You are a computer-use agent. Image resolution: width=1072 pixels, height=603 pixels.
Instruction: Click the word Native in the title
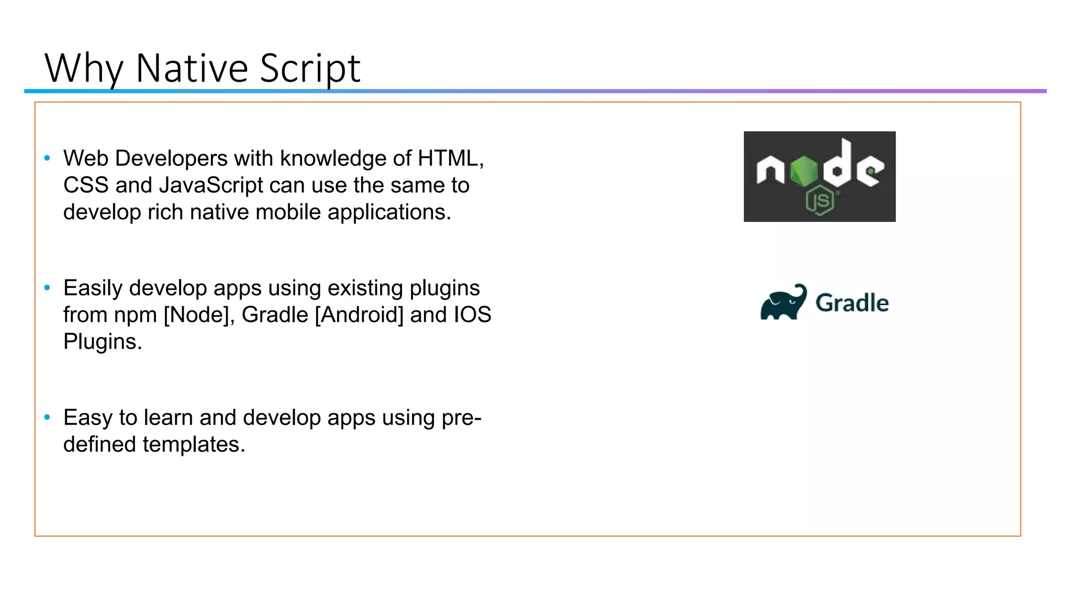click(191, 68)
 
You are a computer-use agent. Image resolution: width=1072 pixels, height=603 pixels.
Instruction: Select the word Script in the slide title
click(310, 68)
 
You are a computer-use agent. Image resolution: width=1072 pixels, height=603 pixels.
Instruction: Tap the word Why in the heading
click(84, 68)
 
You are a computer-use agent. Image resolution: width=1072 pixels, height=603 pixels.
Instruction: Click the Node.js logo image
click(819, 176)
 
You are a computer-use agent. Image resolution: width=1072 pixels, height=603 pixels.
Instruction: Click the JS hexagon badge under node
click(820, 200)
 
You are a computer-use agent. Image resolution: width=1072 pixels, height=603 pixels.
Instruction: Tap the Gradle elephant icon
click(784, 302)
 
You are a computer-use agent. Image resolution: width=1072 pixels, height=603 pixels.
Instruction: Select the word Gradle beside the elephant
click(852, 303)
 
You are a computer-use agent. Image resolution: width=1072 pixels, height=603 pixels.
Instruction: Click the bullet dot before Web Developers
click(48, 158)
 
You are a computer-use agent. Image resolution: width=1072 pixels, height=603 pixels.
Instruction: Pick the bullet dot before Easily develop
click(48, 287)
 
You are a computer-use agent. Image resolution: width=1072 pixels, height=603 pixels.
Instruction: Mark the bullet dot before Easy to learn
click(48, 417)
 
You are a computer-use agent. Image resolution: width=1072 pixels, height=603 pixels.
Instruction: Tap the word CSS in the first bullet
click(86, 185)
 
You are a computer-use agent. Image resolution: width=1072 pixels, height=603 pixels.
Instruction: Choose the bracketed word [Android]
click(359, 315)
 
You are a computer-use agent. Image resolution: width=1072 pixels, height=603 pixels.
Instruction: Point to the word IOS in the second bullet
click(472, 315)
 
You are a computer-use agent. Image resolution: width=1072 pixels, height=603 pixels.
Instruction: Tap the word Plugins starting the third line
click(103, 342)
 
